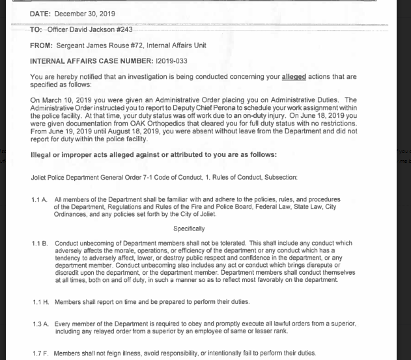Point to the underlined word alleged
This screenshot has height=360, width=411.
[293, 77]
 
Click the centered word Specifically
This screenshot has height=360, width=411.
[189, 228]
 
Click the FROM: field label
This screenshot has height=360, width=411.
[42, 46]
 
